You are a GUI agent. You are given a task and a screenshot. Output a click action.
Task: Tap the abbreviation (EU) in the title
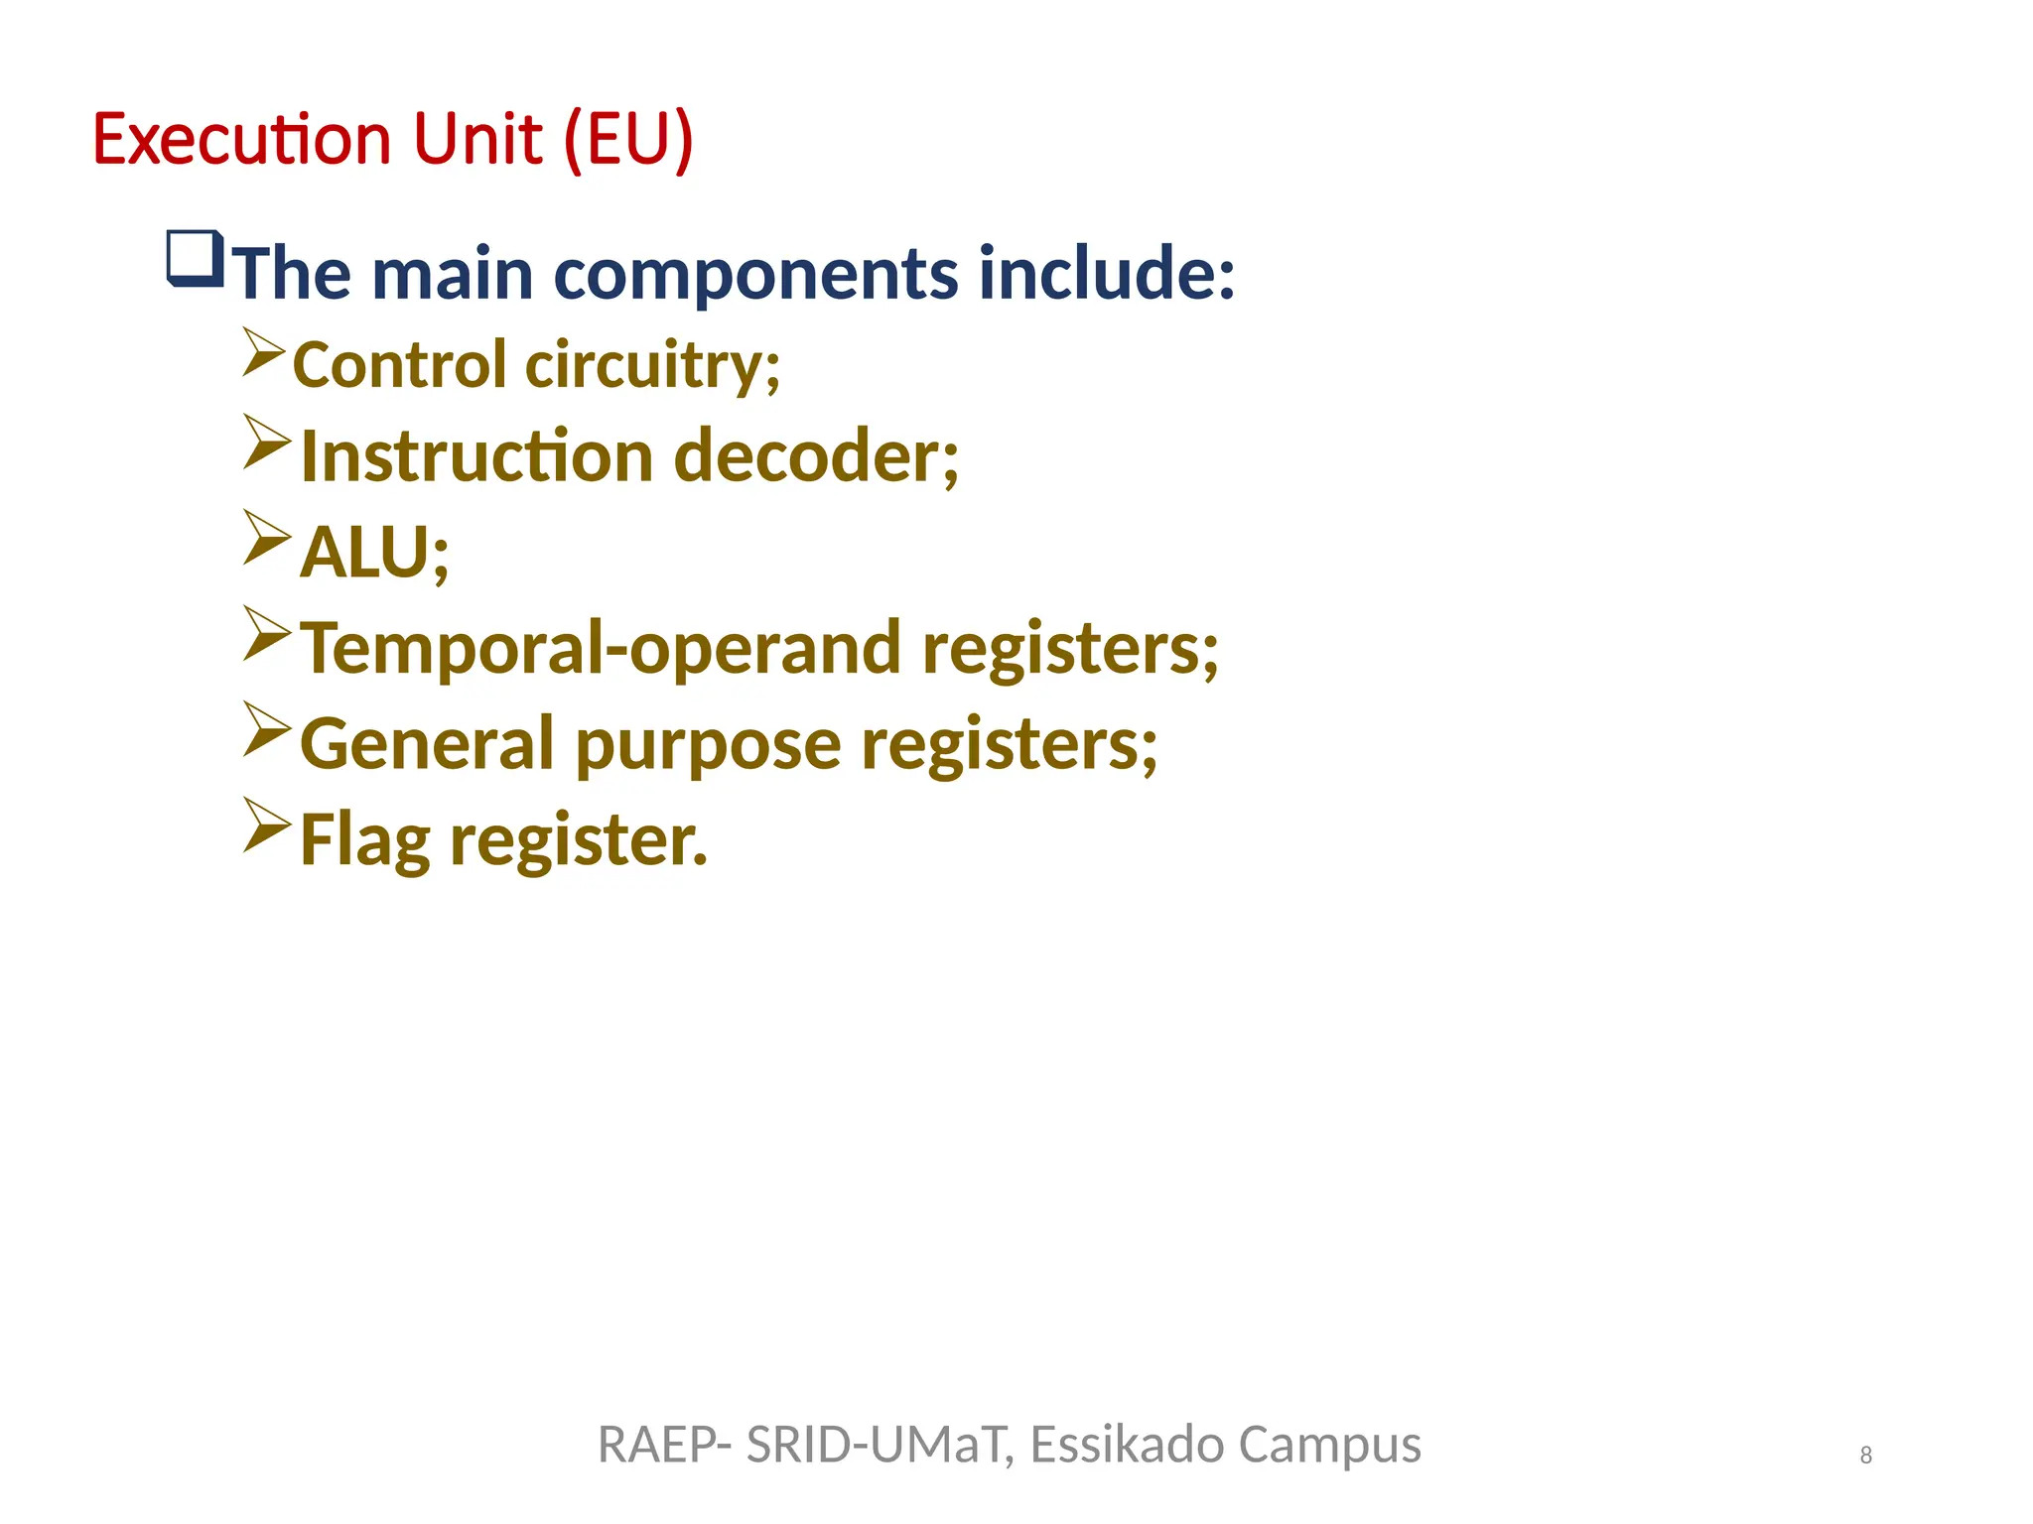(x=627, y=139)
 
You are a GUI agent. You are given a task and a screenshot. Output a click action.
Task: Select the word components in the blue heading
(x=755, y=274)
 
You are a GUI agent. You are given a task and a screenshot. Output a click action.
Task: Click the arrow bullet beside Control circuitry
(x=264, y=352)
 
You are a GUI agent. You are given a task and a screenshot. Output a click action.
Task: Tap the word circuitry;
(x=652, y=365)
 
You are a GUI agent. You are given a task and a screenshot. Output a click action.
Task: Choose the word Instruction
(x=476, y=456)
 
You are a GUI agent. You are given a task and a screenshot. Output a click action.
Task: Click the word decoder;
(x=816, y=456)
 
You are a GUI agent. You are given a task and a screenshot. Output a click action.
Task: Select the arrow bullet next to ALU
(x=266, y=538)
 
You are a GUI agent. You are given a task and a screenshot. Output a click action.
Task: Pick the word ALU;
(x=374, y=552)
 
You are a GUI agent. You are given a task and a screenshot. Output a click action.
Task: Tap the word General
(x=427, y=744)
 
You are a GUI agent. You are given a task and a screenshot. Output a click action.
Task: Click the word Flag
(x=364, y=840)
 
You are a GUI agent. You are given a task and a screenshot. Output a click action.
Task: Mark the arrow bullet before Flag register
(x=266, y=825)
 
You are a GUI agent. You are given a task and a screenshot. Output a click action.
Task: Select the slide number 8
(x=1865, y=1455)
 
